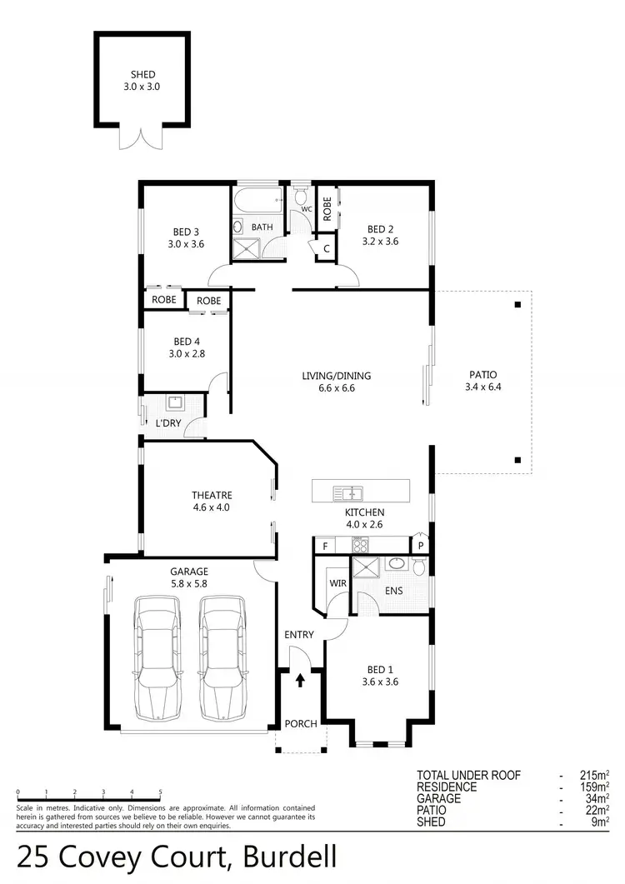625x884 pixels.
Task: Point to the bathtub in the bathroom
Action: click(x=258, y=201)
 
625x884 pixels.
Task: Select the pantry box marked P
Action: click(x=422, y=545)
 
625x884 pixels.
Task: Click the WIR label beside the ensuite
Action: click(x=337, y=584)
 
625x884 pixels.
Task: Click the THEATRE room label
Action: click(x=211, y=495)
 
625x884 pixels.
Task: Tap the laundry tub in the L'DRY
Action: click(x=176, y=404)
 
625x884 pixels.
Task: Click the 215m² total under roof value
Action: click(x=594, y=775)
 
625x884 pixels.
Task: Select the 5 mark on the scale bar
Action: click(x=159, y=792)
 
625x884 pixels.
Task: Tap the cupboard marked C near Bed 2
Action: click(x=326, y=249)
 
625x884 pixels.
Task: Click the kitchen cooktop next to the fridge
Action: click(x=361, y=546)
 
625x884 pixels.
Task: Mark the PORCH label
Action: click(x=301, y=723)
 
